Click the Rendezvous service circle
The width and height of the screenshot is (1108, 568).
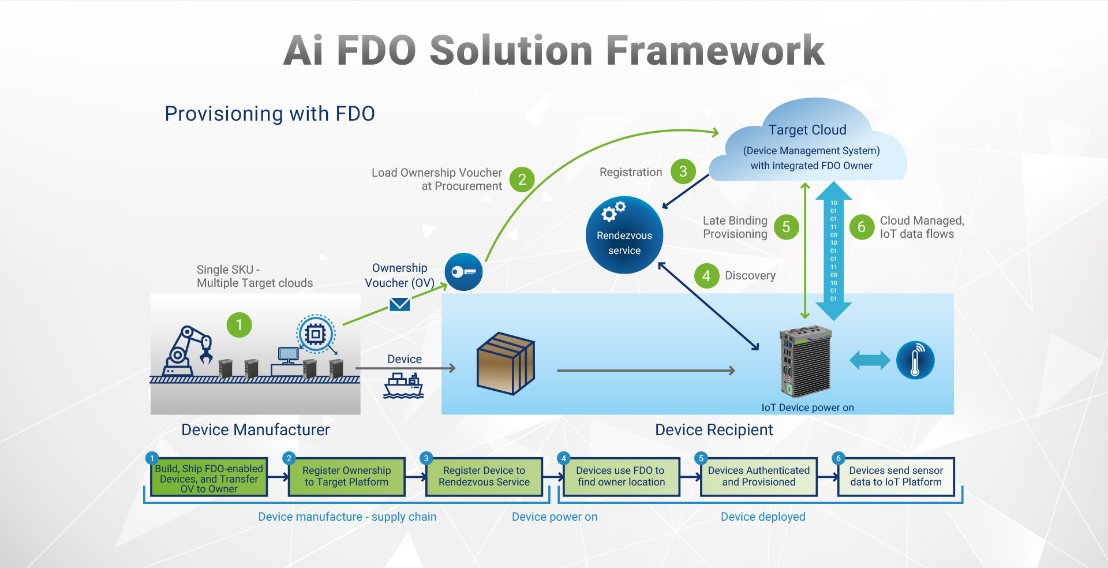tap(624, 235)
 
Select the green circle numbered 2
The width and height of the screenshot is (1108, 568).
tap(522, 180)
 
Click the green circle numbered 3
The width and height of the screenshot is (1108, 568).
tap(683, 171)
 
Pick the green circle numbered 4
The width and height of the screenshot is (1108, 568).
tap(706, 276)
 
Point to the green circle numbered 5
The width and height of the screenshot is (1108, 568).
tap(786, 227)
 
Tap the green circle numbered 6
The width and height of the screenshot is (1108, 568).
tap(862, 227)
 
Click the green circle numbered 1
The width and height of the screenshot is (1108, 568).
tap(239, 325)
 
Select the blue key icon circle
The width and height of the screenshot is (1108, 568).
tap(463, 272)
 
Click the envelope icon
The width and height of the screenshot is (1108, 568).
tap(400, 304)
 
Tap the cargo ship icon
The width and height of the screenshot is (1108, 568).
tap(403, 386)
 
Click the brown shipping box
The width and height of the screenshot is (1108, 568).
tap(506, 363)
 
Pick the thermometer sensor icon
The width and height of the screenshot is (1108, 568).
tap(915, 360)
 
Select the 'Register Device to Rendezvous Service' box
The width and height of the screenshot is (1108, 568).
tap(484, 477)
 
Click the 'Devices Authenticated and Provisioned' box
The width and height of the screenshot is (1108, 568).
tap(759, 477)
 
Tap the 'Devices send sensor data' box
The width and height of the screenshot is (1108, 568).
tap(896, 477)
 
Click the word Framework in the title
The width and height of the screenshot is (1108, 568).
tap(716, 51)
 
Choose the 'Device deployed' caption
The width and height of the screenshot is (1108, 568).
tap(763, 517)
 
